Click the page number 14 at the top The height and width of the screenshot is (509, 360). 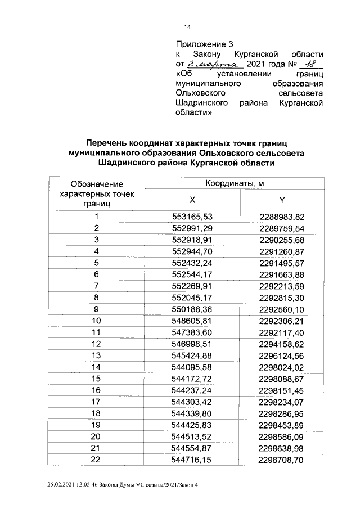[x=187, y=26]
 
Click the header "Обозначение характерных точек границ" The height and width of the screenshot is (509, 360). [x=97, y=193]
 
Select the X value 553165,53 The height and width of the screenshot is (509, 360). [x=192, y=217]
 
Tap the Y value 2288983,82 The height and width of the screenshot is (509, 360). [x=282, y=217]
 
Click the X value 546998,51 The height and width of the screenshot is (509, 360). [x=192, y=344]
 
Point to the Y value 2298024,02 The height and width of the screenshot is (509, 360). [x=282, y=367]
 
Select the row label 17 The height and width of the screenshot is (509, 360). [x=97, y=403]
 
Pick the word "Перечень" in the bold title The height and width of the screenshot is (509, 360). [x=107, y=143]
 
